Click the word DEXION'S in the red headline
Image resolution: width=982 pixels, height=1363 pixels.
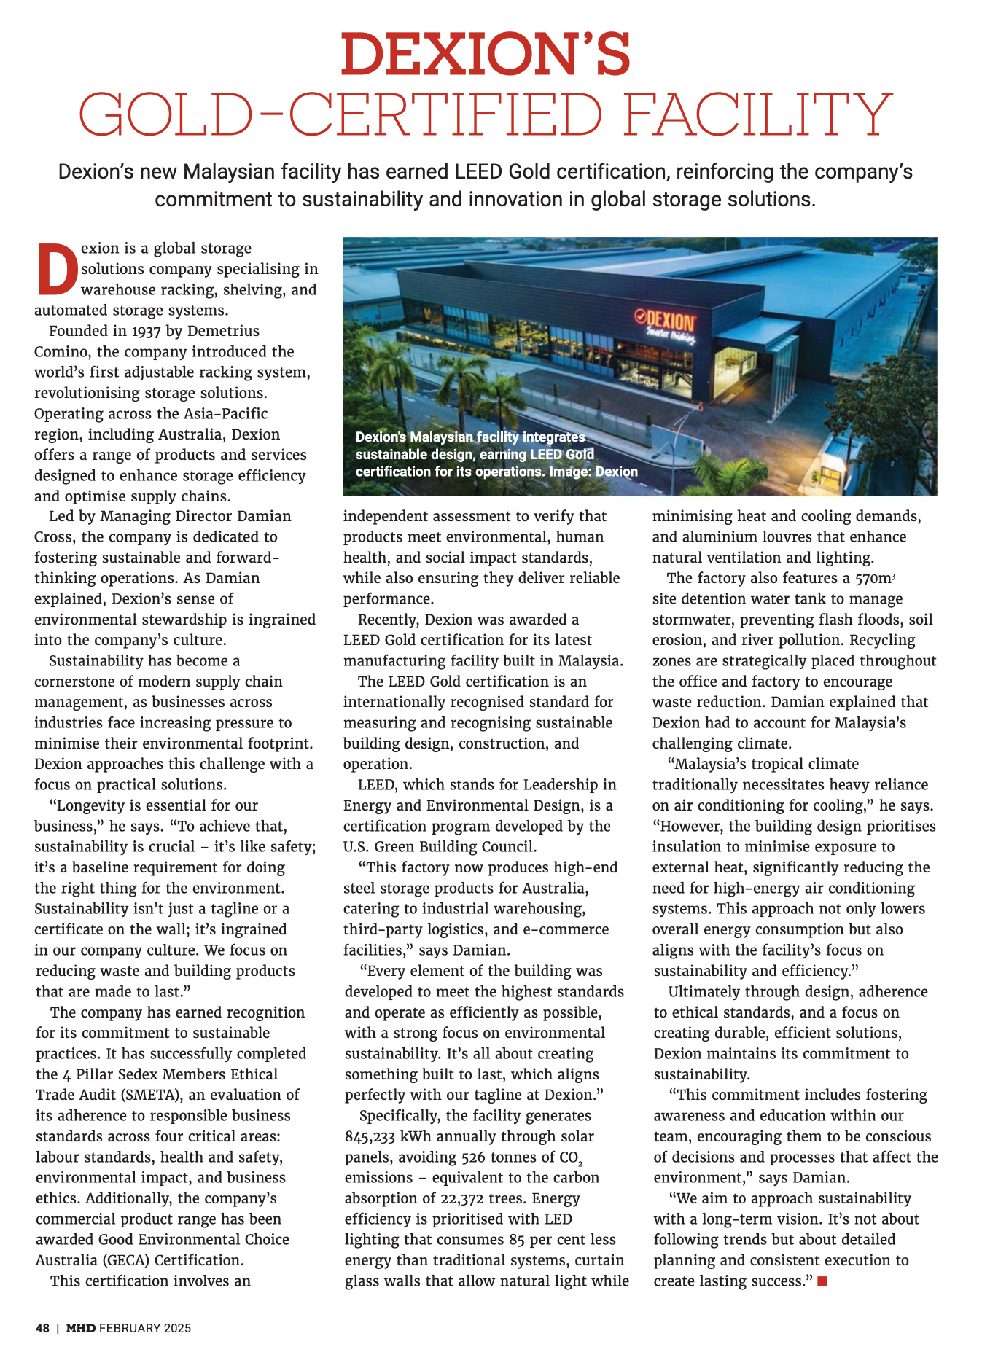point(486,55)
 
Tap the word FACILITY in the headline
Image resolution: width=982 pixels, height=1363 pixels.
point(758,115)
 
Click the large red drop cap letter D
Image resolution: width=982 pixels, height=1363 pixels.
point(57,269)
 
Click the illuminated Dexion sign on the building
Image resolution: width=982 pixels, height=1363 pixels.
point(666,321)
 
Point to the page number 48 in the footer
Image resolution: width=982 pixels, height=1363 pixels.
point(43,1328)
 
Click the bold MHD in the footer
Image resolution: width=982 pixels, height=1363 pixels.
point(81,1328)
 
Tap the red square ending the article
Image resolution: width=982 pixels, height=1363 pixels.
point(822,1281)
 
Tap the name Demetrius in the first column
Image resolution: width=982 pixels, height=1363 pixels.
point(223,331)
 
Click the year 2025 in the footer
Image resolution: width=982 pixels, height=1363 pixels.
point(177,1328)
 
